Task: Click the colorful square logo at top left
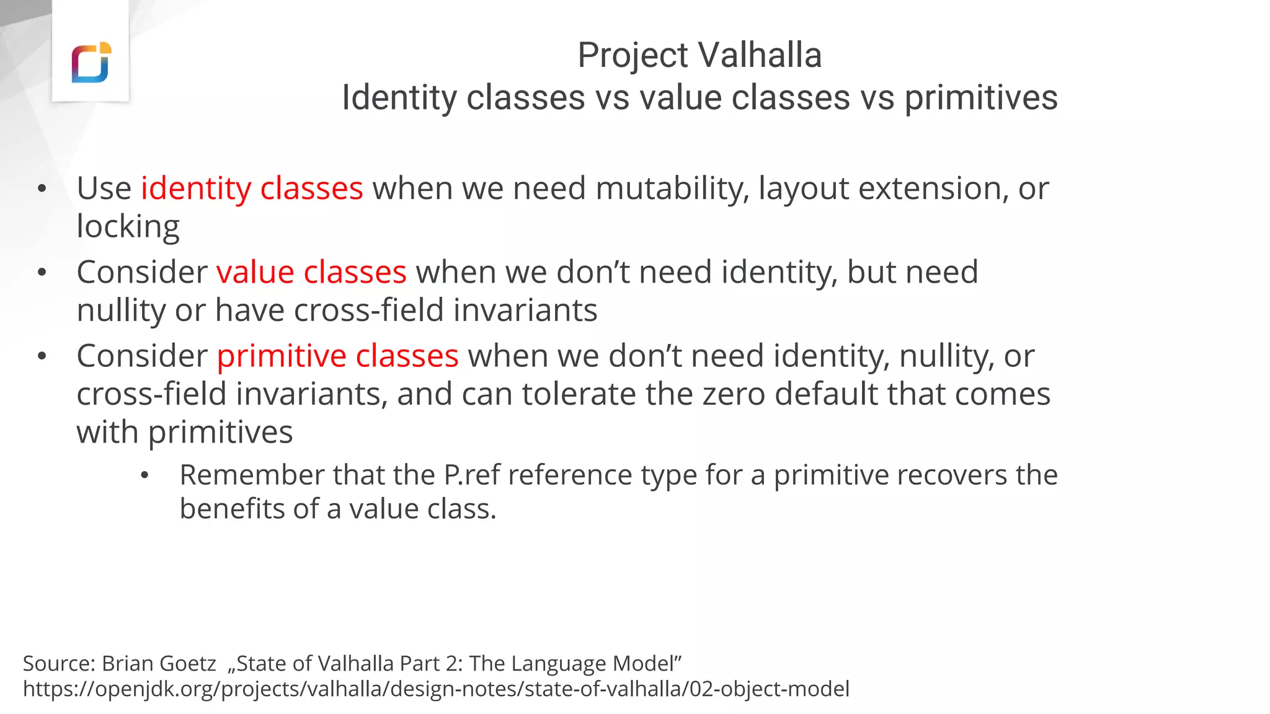pos(91,63)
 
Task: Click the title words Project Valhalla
pos(699,55)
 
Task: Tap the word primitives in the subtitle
pos(980,98)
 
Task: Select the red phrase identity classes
pos(251,188)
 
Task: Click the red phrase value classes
pos(311,272)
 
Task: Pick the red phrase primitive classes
pos(337,356)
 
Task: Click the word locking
pos(128,226)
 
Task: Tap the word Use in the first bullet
pos(104,188)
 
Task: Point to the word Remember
pos(251,475)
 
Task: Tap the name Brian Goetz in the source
pos(159,663)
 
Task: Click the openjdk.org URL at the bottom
pos(435,689)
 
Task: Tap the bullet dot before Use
pos(42,189)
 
